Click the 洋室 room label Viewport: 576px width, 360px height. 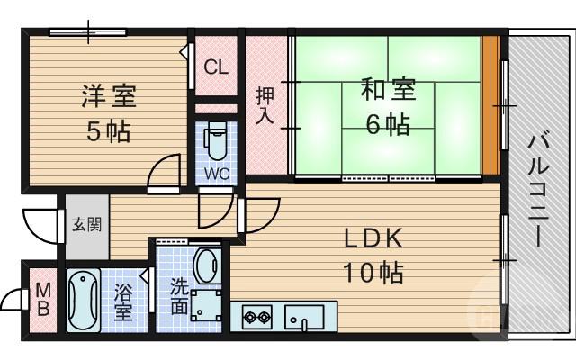click(106, 96)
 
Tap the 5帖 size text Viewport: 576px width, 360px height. click(107, 131)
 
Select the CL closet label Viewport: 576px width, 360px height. click(215, 66)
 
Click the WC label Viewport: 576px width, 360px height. click(215, 171)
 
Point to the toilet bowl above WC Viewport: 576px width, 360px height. click(215, 139)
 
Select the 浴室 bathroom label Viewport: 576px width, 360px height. click(122, 302)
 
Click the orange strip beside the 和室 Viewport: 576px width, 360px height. click(490, 106)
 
